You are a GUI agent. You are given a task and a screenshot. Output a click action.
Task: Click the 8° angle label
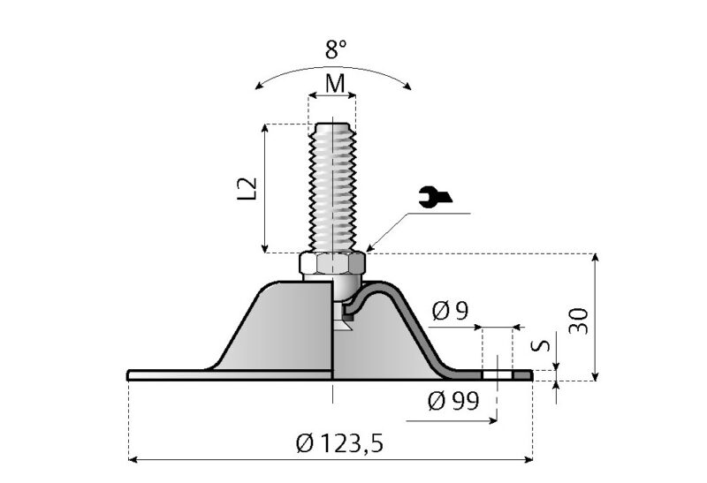pyautogui.click(x=333, y=49)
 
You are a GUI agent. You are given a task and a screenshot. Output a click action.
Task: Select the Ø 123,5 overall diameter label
pyautogui.click(x=339, y=443)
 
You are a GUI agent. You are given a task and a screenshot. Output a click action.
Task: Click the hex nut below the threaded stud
pyautogui.click(x=332, y=264)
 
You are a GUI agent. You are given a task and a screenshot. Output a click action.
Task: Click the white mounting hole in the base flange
pyautogui.click(x=498, y=375)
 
